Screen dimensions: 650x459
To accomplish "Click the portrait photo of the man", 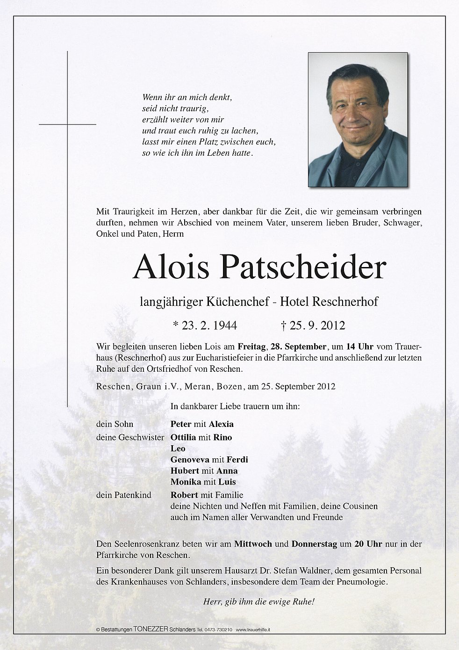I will click(358, 120).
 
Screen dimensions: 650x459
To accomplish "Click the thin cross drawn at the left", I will click(67, 124).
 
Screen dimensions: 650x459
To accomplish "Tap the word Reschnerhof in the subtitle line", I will click(345, 302).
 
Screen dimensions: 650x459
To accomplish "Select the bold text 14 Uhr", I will click(359, 347).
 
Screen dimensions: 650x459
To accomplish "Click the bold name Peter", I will click(181, 424).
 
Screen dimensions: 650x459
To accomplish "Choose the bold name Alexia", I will click(221, 424).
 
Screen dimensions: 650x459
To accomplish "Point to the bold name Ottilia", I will click(183, 437).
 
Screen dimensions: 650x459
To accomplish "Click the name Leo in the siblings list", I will click(178, 448).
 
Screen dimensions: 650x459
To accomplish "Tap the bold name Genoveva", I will click(190, 460).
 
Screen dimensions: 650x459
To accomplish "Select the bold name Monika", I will click(186, 482).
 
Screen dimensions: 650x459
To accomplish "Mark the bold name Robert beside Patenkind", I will click(184, 495).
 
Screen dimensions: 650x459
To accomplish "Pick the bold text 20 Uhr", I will click(368, 544).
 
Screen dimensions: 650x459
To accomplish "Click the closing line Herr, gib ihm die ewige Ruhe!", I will click(258, 602).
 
